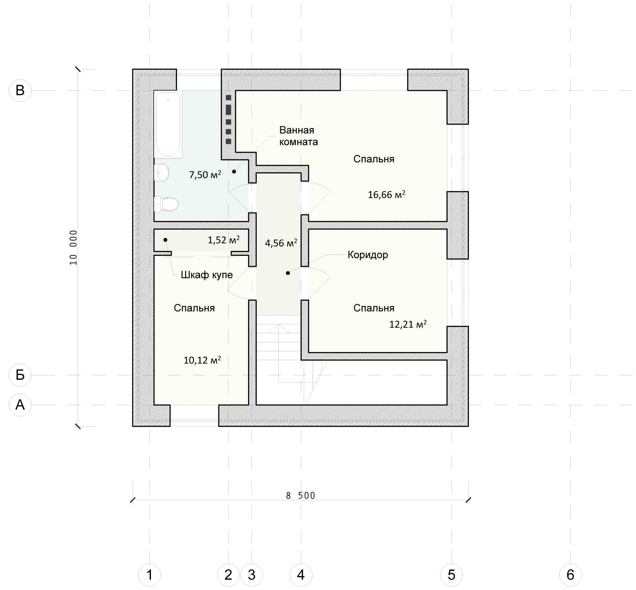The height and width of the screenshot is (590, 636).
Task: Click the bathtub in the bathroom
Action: click(x=168, y=124)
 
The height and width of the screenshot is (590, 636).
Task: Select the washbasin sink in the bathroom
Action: click(x=162, y=173)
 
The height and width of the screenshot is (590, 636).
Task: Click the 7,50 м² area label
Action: click(x=205, y=175)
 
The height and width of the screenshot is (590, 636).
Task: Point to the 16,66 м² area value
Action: click(x=386, y=194)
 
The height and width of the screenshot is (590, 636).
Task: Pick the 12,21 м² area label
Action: click(x=408, y=324)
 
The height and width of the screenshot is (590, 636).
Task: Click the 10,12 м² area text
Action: click(x=202, y=360)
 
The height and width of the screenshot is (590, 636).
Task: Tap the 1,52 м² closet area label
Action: click(x=224, y=240)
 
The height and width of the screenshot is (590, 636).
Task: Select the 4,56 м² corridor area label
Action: click(x=281, y=243)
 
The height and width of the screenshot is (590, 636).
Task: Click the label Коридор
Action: click(x=368, y=255)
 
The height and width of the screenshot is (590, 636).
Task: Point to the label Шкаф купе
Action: click(x=207, y=275)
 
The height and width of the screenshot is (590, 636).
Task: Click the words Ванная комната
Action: click(x=299, y=136)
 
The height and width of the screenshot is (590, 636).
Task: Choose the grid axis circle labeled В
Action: click(x=20, y=90)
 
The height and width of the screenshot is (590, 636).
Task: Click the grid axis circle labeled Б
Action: click(x=20, y=375)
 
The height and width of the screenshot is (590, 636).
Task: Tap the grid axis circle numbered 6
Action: click(x=570, y=575)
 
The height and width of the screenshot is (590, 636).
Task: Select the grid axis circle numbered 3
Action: click(x=252, y=575)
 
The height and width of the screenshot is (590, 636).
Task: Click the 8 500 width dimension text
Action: click(x=301, y=495)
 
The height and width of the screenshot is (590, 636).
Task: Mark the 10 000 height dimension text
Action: click(x=74, y=247)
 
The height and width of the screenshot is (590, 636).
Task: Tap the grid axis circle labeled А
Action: click(x=20, y=405)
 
